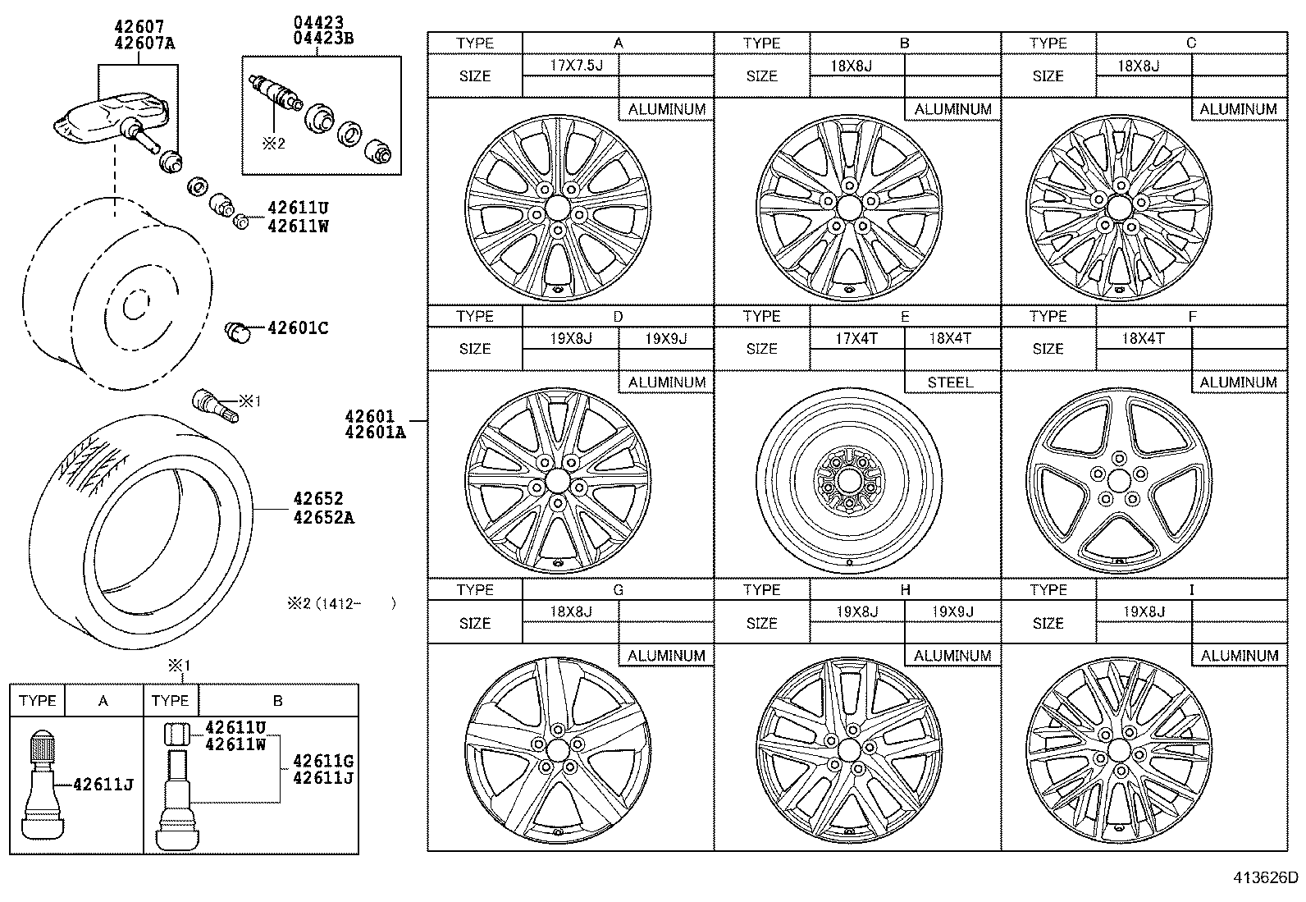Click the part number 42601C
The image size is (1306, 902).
click(x=298, y=328)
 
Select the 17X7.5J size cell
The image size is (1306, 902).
click(x=570, y=65)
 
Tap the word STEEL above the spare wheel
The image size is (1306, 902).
click(x=950, y=382)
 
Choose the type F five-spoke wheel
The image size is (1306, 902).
click(x=1119, y=480)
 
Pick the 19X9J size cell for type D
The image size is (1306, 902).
click(x=665, y=338)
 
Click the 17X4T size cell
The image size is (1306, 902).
click(x=856, y=338)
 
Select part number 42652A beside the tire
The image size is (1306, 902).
click(x=324, y=518)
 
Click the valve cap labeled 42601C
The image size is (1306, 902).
click(x=237, y=332)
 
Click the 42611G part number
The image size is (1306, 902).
click(x=322, y=761)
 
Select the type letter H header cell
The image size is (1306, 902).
click(x=905, y=590)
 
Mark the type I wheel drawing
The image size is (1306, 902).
click(x=1119, y=751)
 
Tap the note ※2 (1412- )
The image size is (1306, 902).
click(x=341, y=604)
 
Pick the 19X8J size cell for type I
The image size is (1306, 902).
click(x=1144, y=611)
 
